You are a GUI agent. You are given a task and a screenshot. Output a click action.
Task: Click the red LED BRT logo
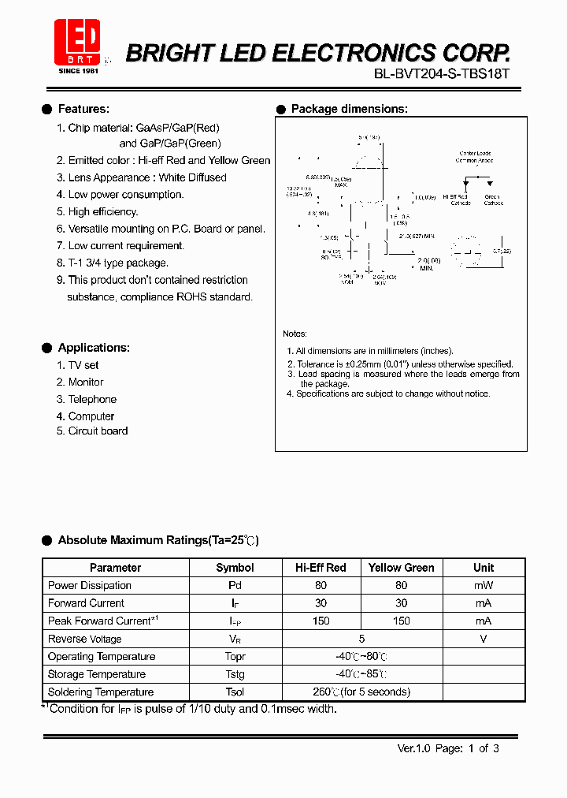tap(76, 42)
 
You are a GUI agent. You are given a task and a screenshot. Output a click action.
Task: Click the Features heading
tap(83, 109)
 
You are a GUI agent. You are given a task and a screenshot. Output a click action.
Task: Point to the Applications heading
tap(94, 348)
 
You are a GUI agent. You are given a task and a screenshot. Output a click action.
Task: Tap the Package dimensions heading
tap(349, 109)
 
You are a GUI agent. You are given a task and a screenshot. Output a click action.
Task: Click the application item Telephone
tap(92, 399)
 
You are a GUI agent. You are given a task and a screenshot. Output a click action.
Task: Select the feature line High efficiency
tap(102, 211)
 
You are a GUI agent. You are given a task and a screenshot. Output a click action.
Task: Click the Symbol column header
tap(235, 568)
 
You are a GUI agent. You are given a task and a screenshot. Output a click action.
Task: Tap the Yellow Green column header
tap(401, 568)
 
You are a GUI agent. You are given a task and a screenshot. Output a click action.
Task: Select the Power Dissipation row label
tap(90, 585)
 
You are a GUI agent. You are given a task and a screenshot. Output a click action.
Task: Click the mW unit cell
tap(483, 585)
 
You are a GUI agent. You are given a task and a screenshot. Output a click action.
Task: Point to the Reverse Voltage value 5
tap(362, 639)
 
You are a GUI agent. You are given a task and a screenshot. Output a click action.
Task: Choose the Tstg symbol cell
tap(235, 674)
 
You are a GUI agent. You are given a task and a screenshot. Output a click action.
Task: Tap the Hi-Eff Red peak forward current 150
tap(321, 621)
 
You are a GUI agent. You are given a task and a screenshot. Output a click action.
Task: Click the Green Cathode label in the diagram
tap(493, 199)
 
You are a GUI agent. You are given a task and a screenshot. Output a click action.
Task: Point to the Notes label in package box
tap(295, 334)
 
